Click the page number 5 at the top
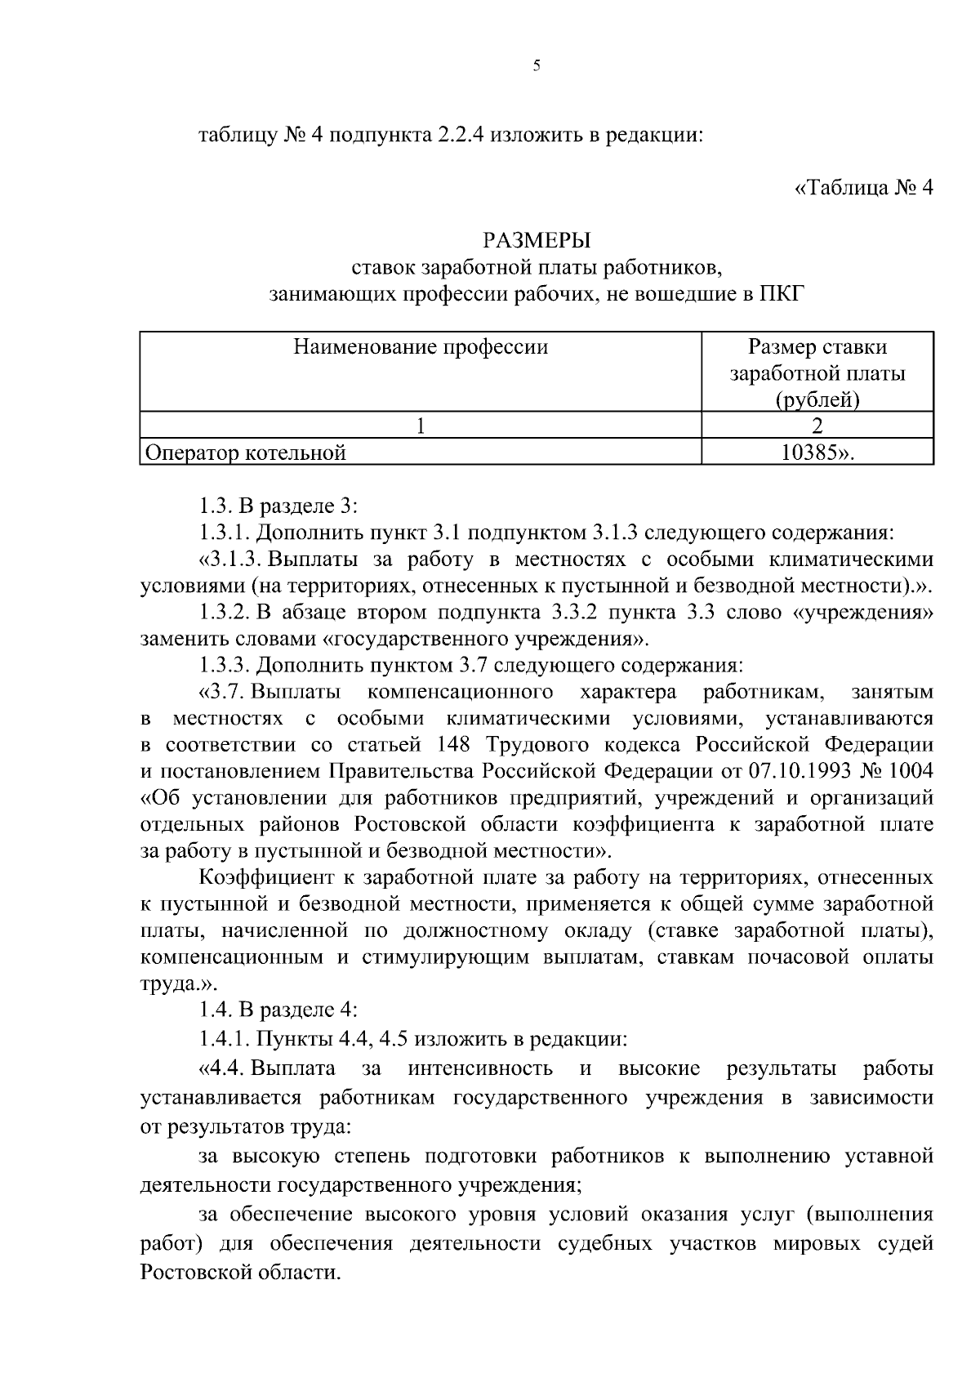click(537, 66)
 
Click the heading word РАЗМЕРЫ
click(537, 240)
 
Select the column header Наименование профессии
click(421, 347)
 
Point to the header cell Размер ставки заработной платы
click(817, 373)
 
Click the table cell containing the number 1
click(421, 425)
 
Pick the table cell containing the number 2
click(817, 425)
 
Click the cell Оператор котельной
click(245, 453)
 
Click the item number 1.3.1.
click(225, 533)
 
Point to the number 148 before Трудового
click(455, 745)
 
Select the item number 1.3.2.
click(225, 612)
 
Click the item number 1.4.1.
click(225, 1039)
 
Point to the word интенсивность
click(480, 1068)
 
